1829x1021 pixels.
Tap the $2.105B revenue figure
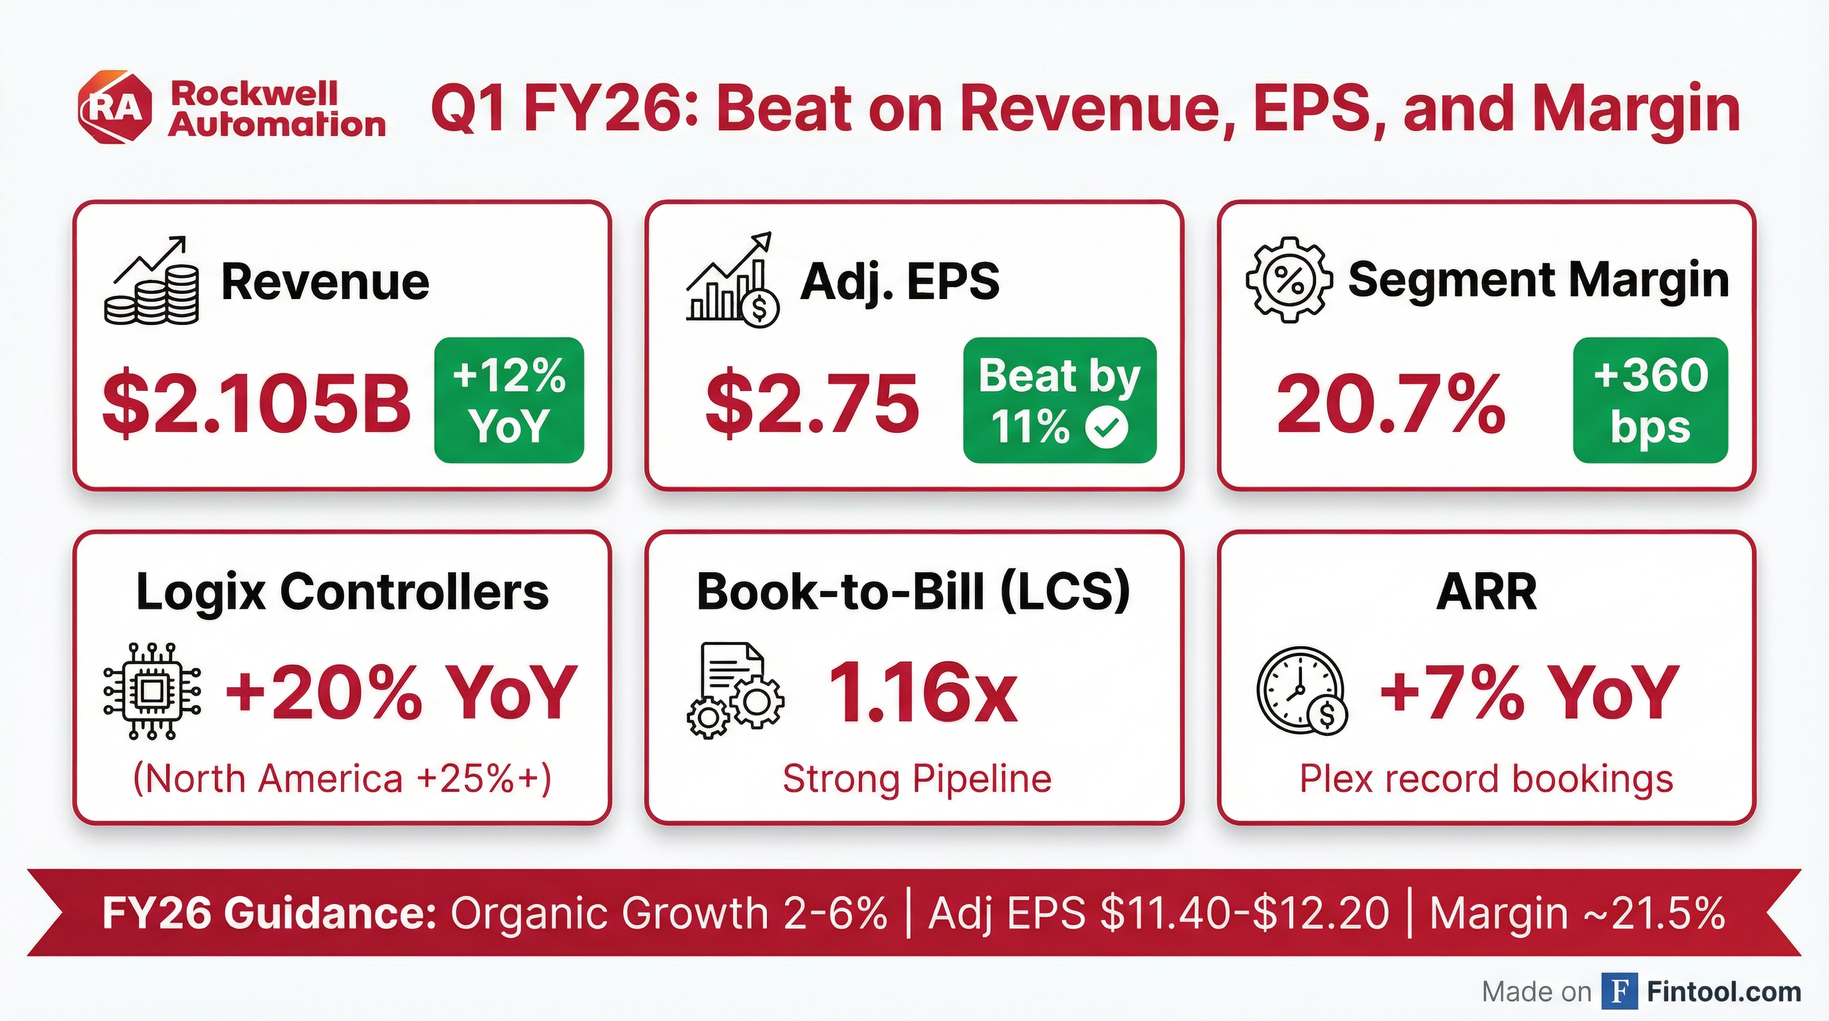tap(257, 403)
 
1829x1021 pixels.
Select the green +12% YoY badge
tap(509, 400)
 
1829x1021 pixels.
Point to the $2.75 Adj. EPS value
tap(811, 403)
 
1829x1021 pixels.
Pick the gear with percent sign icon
tap(1289, 280)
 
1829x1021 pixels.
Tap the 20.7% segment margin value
tap(1390, 403)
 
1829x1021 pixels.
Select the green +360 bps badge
tap(1650, 400)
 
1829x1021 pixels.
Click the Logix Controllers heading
tap(342, 592)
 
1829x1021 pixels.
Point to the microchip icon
tap(152, 691)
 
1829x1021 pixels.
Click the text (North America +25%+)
tap(342, 778)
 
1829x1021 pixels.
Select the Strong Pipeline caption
tap(916, 778)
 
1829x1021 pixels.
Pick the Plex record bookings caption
tap(1486, 778)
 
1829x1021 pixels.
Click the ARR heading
tap(1486, 592)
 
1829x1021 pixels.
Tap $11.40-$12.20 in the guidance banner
tap(1244, 913)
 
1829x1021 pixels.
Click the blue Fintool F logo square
tap(1620, 991)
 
